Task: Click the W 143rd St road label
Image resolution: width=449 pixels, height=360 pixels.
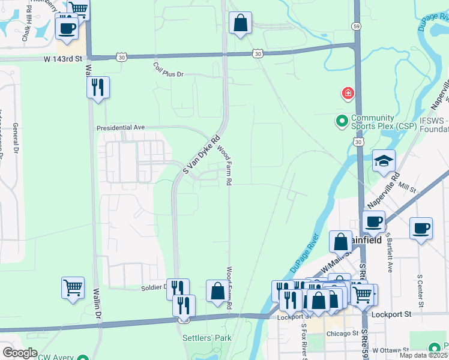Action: point(63,58)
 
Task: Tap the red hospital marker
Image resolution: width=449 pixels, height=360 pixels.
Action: point(347,94)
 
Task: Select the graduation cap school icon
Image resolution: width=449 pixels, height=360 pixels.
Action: point(384,161)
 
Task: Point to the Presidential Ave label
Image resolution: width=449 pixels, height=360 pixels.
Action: point(122,128)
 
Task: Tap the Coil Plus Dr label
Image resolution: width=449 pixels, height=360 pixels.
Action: point(168,70)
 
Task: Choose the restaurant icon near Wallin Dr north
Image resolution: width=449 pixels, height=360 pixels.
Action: point(97,87)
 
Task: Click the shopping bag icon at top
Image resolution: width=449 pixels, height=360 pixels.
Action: point(240,24)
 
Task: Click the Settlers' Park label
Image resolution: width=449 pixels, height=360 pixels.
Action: point(206,338)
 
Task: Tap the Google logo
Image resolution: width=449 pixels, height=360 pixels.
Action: point(20,352)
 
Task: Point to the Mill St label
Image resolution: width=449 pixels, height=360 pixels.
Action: point(409,189)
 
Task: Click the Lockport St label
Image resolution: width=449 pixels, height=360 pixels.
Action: point(390,314)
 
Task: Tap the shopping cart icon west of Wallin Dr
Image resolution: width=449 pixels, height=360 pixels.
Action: point(73,288)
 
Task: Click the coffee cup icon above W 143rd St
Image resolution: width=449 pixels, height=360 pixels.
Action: point(67,28)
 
